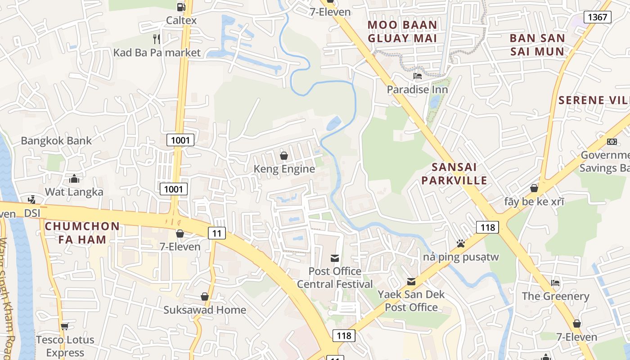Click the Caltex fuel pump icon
(181, 7)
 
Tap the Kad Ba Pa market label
(157, 53)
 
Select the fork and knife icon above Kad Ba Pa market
(157, 39)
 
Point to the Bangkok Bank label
(56, 140)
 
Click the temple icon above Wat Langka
(74, 179)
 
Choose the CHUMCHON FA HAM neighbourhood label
(82, 233)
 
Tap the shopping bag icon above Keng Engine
(284, 156)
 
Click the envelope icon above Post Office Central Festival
(335, 258)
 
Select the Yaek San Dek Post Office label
(411, 301)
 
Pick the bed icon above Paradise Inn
(418, 76)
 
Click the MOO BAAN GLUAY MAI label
(402, 31)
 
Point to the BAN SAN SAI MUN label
(537, 45)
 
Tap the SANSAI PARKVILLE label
(459, 174)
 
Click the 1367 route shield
(598, 18)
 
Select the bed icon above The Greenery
(555, 283)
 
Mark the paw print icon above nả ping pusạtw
(461, 243)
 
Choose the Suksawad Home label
(205, 310)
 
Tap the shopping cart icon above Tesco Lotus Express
(65, 326)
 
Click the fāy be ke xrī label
(534, 202)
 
